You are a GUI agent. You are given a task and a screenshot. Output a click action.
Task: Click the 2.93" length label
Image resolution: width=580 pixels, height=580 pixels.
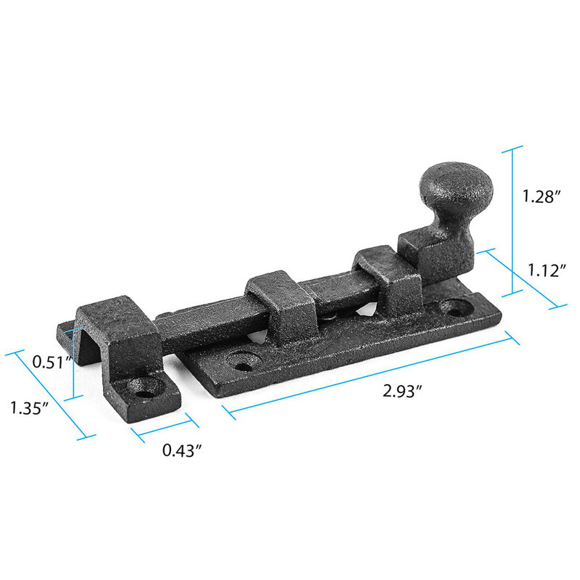coord(402,391)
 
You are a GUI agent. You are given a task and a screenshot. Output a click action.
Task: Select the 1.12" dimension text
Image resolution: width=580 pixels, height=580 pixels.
coord(546,270)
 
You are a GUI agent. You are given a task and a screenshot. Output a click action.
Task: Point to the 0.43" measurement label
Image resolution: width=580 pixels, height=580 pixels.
coord(181,450)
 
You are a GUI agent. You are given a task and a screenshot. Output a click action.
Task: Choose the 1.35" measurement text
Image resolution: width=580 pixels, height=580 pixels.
coord(29,407)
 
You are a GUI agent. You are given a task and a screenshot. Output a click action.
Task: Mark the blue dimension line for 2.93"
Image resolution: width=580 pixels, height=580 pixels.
coord(370,376)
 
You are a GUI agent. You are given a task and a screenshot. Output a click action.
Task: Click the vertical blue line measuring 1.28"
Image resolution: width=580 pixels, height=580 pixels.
coord(513,217)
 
